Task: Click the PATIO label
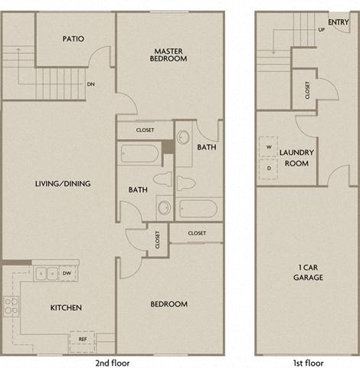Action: pyautogui.click(x=73, y=38)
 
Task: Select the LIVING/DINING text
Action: pyautogui.click(x=63, y=183)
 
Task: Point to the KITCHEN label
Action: pyautogui.click(x=66, y=307)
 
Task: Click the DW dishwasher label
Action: pyautogui.click(x=67, y=272)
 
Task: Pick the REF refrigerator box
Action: pyautogui.click(x=81, y=338)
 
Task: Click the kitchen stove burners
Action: pyautogui.click(x=11, y=306)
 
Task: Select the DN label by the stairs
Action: pyautogui.click(x=91, y=85)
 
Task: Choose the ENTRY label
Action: pyautogui.click(x=338, y=22)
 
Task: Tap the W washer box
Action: pyautogui.click(x=270, y=146)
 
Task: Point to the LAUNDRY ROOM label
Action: pyautogui.click(x=297, y=157)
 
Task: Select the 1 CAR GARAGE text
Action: pyautogui.click(x=309, y=272)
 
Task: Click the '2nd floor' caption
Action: pyautogui.click(x=111, y=361)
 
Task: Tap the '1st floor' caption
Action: pyautogui.click(x=309, y=361)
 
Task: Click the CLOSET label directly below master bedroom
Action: pyautogui.click(x=145, y=130)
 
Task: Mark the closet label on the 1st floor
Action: pyautogui.click(x=308, y=90)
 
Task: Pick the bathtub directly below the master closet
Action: pyautogui.click(x=139, y=153)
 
